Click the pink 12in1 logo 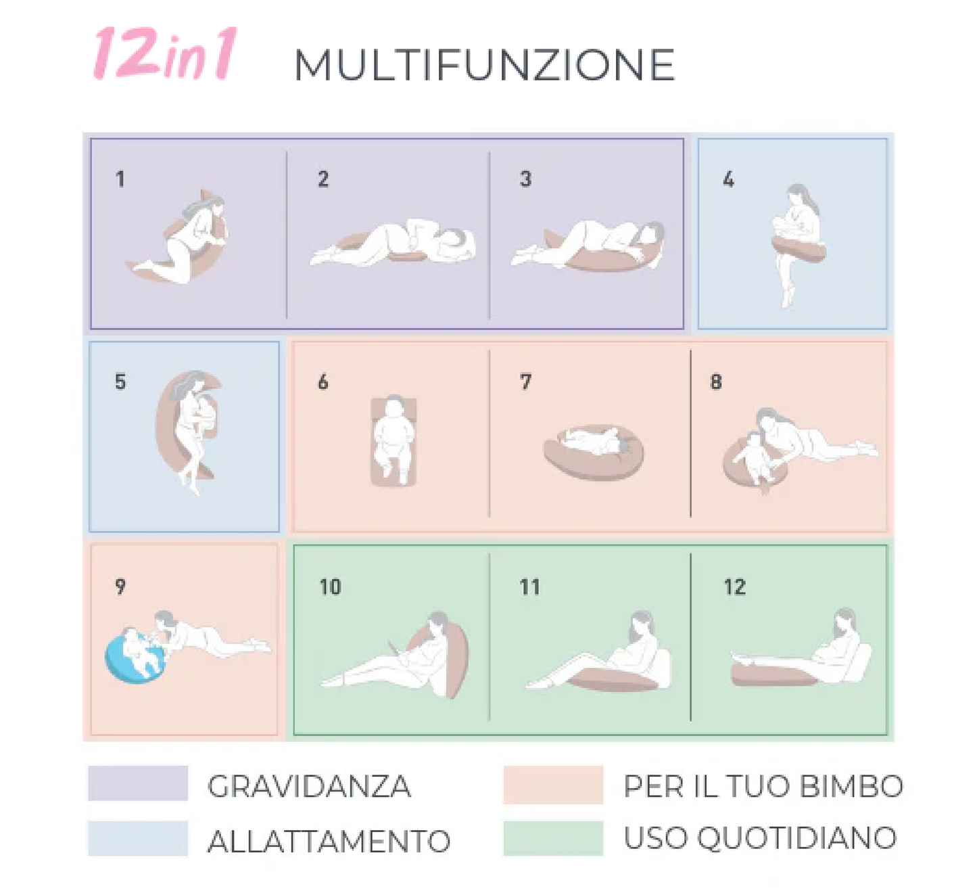click(x=164, y=53)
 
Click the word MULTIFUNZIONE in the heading click(x=484, y=65)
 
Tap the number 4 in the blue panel click(x=728, y=179)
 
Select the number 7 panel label click(x=525, y=382)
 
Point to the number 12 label click(x=734, y=587)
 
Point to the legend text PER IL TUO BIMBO click(x=763, y=786)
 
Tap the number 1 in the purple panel click(x=120, y=179)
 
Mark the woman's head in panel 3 click(x=651, y=234)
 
